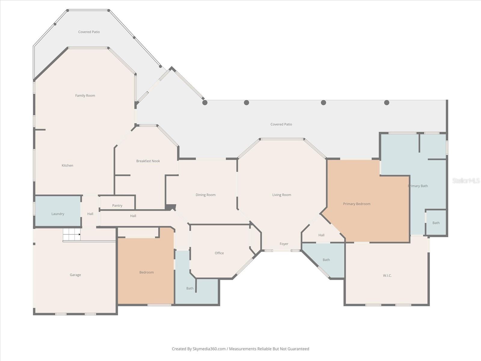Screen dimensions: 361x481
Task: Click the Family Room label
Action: [85, 96]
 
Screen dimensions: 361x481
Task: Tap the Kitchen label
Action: [67, 165]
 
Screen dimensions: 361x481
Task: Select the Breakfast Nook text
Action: [148, 161]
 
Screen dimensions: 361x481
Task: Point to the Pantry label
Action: [117, 205]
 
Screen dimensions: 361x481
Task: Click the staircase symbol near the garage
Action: [72, 234]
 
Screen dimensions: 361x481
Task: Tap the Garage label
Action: [75, 275]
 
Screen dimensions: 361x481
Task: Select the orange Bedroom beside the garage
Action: [146, 272]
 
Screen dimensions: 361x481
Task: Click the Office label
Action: [219, 253]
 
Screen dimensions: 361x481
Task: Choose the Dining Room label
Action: [206, 195]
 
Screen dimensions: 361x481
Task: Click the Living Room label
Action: [282, 195]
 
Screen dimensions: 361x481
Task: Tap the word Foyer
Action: [284, 244]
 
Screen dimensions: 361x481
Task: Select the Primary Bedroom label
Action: [357, 204]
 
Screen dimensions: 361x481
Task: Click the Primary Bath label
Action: [418, 186]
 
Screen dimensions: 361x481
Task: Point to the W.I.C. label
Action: [387, 276]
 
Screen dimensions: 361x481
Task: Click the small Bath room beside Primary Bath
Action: [436, 223]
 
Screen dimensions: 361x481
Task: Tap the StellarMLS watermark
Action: [466, 180]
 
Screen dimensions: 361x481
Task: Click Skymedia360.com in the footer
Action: [209, 349]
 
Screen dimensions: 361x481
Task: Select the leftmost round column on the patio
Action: [205, 103]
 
